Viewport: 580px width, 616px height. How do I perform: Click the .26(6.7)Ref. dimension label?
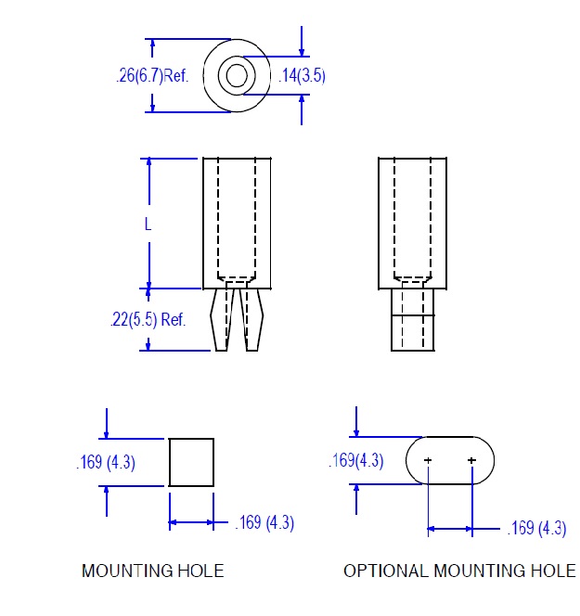pos(152,75)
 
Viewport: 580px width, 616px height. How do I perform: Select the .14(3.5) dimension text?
pos(302,75)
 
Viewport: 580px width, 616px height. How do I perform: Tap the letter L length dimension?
pos(148,225)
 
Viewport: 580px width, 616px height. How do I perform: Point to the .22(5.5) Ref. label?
pos(148,319)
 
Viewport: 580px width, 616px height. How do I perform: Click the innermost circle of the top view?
pos(237,75)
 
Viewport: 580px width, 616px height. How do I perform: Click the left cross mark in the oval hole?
pos(428,460)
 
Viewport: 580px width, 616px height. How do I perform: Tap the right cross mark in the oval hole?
pos(472,460)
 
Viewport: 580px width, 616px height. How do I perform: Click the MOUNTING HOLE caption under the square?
pos(153,571)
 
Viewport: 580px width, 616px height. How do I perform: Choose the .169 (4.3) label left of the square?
pos(106,462)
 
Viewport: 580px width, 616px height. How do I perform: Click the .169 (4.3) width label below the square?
pos(264,523)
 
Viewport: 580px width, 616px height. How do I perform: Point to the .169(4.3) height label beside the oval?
pos(356,460)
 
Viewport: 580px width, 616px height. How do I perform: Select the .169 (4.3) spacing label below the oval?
pos(536,528)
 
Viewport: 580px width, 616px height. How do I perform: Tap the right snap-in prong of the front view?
pos(251,319)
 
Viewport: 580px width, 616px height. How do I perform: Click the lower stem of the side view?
pos(413,320)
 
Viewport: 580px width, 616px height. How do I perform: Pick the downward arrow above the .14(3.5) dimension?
pos(302,41)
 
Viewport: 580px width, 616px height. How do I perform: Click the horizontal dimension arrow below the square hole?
pos(191,522)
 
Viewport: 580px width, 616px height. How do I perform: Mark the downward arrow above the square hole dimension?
pos(107,423)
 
